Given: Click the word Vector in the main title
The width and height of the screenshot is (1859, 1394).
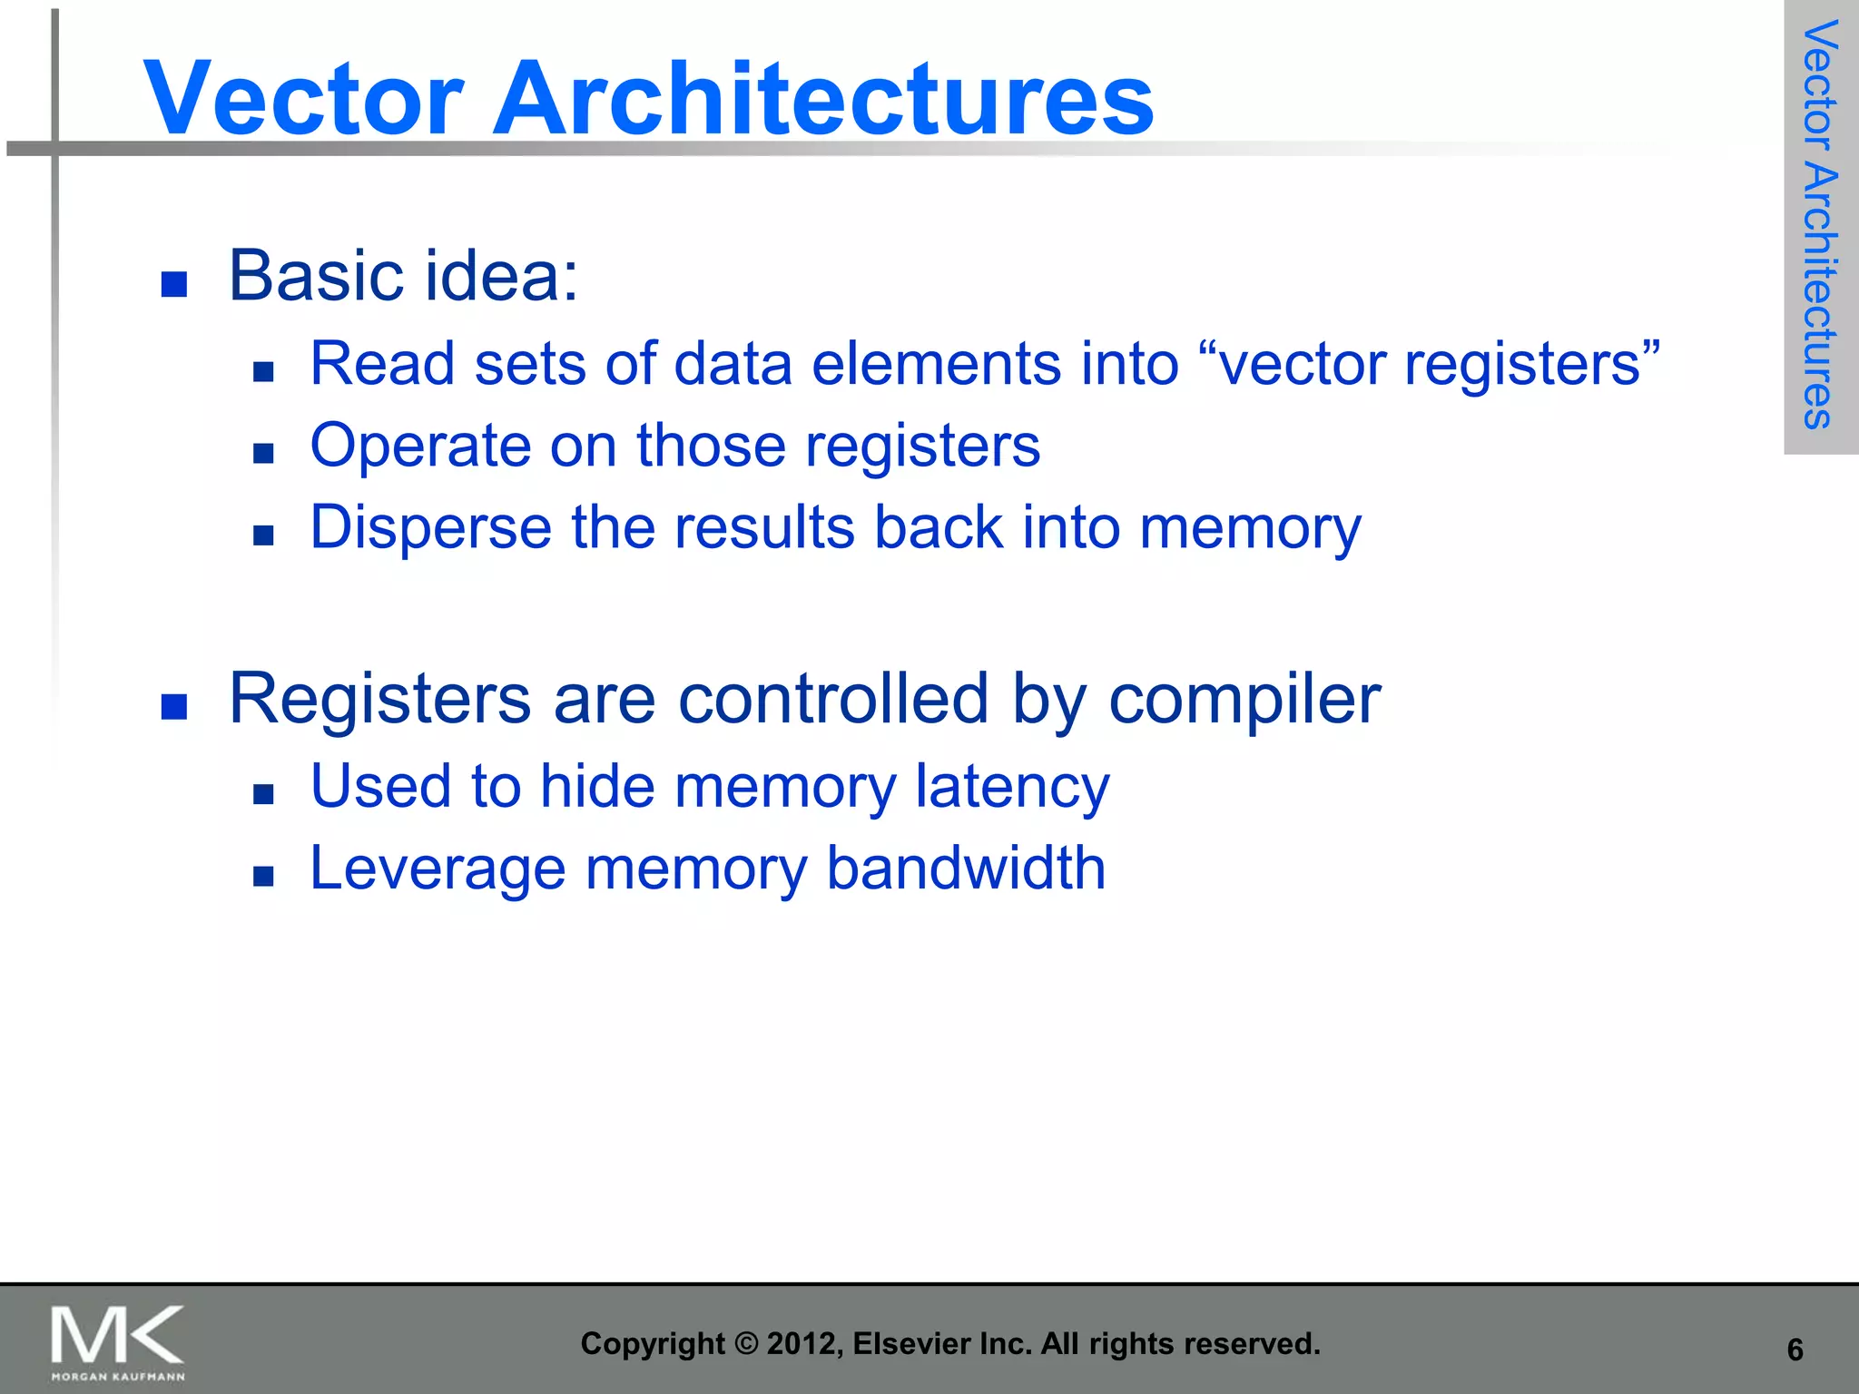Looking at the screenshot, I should pos(304,98).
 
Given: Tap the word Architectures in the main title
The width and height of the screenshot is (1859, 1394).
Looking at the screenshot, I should pos(822,98).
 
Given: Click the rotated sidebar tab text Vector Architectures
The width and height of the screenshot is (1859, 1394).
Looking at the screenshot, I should pos(1820,224).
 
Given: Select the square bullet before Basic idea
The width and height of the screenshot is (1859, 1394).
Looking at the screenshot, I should pos(173,284).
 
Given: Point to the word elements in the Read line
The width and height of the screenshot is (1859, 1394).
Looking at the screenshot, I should pos(936,364).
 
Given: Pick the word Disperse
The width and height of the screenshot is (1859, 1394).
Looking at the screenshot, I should pos(430,529).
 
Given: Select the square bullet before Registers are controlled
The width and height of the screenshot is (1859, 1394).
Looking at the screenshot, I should pos(173,706).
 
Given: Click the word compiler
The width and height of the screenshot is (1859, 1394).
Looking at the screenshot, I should pos(1244,701).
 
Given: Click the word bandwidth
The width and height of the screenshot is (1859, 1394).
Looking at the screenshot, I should pos(966,869).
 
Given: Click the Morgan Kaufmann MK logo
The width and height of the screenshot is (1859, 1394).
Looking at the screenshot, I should pos(117,1341).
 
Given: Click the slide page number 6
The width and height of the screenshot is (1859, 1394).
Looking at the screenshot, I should pos(1795,1350).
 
